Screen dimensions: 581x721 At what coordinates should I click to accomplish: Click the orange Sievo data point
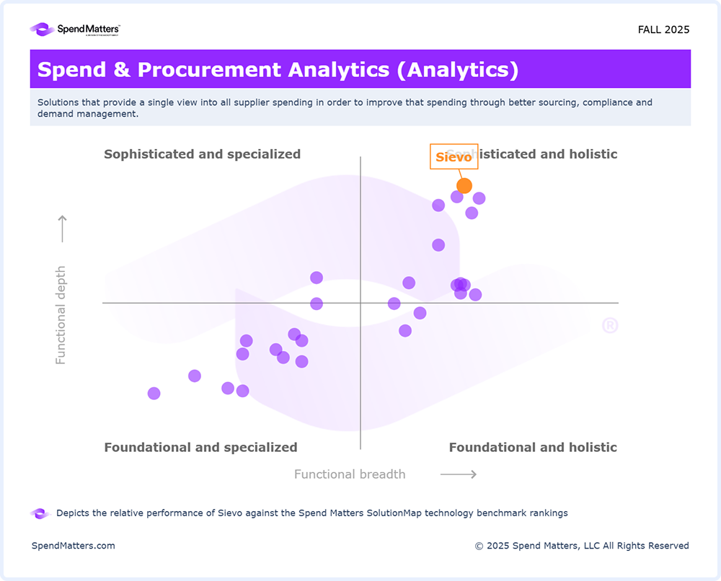coord(464,185)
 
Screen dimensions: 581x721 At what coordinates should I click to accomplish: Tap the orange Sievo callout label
coord(454,156)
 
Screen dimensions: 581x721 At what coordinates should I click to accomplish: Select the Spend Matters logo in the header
coord(75,30)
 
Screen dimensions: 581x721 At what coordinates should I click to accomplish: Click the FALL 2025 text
coord(663,30)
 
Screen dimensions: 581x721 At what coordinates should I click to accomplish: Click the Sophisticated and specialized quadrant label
coord(202,154)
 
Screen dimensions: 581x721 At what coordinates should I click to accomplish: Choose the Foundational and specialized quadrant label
coord(200,447)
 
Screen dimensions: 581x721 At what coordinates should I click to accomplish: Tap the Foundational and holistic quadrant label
coord(533,447)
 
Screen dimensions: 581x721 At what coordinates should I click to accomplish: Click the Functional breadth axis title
coord(350,474)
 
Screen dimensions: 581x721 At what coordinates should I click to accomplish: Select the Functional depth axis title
coord(61,315)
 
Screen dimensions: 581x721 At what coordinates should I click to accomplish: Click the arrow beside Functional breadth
coord(459,474)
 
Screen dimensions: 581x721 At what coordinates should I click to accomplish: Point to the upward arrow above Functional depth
coord(62,229)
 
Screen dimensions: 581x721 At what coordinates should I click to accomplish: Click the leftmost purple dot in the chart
coord(154,393)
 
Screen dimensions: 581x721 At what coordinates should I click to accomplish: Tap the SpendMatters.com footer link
coord(73,546)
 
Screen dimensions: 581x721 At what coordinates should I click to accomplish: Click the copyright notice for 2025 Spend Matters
coord(582,546)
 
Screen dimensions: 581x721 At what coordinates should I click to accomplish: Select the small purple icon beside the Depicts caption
coord(39,513)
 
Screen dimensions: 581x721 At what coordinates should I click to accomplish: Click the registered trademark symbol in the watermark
coord(610,326)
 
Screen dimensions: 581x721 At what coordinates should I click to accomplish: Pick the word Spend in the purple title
coord(68,70)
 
